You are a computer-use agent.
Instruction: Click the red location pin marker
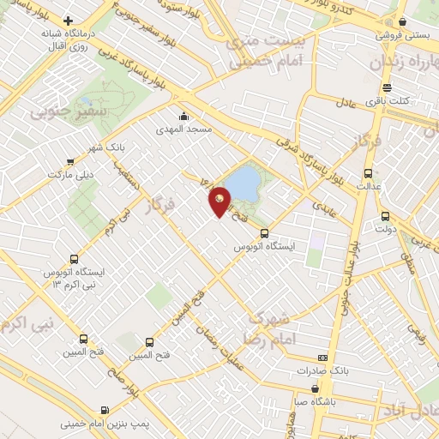coord(220,201)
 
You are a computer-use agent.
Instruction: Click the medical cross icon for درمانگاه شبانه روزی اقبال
coord(69,21)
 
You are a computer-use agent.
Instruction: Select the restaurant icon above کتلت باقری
coord(387,87)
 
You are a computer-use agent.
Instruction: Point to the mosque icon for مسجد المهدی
coord(183,117)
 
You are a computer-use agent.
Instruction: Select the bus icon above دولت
coord(385,216)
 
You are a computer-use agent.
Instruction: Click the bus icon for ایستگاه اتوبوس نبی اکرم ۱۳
coord(74,258)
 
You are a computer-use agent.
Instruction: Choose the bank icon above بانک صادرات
coord(322,358)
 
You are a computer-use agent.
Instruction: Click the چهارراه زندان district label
coord(403,62)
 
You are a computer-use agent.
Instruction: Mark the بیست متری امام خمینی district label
coord(250,50)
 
